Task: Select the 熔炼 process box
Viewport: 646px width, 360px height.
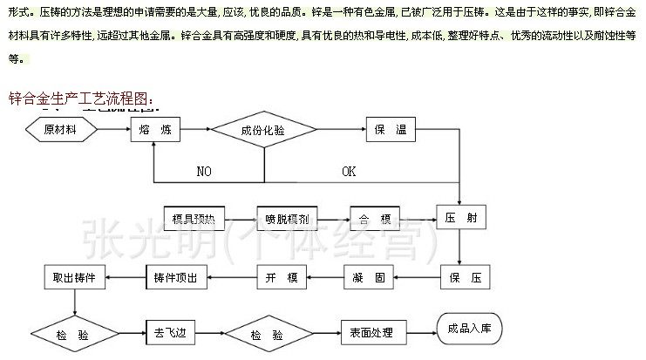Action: pyautogui.click(x=154, y=130)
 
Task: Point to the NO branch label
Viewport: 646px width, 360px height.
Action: pyautogui.click(x=204, y=172)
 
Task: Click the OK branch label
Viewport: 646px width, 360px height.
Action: pyautogui.click(x=349, y=172)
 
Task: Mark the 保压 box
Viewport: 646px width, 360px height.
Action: pyautogui.click(x=459, y=278)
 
